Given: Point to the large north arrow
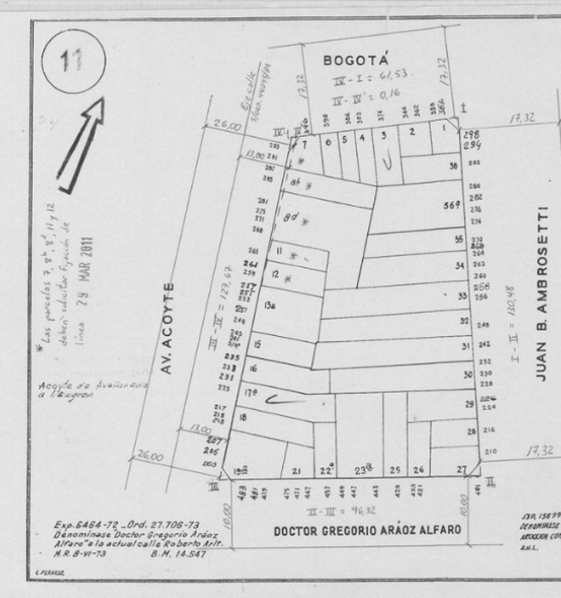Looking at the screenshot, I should (x=81, y=146).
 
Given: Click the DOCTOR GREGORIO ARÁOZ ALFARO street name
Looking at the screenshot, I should (x=367, y=530).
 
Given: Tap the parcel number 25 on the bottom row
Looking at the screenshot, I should (x=394, y=470).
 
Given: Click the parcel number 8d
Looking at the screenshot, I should (x=290, y=218).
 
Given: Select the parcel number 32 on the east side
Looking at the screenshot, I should (x=465, y=321).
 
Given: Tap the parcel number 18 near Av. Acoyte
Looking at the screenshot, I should (x=242, y=418).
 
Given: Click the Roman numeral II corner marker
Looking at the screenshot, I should (x=490, y=482).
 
